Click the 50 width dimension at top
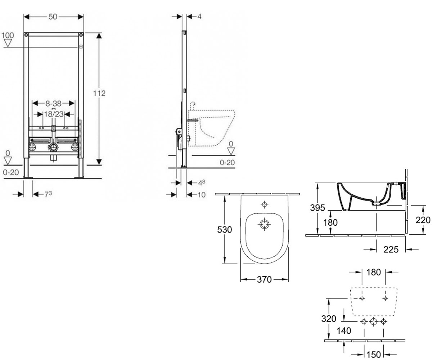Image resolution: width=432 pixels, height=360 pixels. pos(53,17)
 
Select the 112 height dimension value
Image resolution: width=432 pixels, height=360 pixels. pos(99,93)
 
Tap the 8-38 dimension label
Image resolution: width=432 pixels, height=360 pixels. pos(53,103)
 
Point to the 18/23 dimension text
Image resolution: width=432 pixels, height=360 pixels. pos(54,114)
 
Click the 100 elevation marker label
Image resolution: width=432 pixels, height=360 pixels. pos(8,35)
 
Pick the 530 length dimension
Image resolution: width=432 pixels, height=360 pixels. pos(225,229)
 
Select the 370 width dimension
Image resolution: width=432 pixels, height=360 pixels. pos(264,279)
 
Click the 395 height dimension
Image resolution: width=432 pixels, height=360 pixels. pos(318,207)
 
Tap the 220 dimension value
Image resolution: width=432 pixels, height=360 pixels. pos(423,220)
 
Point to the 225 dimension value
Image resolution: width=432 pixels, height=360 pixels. pos(391,249)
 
